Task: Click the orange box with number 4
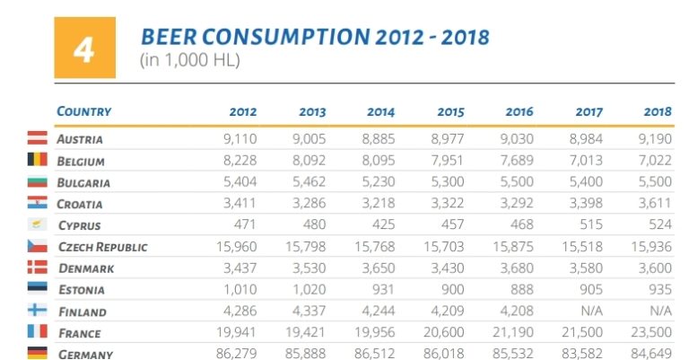(x=84, y=48)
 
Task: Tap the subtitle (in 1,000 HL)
(x=189, y=61)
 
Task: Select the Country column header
(x=83, y=111)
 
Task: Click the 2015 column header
(x=449, y=112)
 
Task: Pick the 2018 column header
(x=658, y=112)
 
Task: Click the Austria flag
(x=38, y=139)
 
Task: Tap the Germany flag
(x=38, y=354)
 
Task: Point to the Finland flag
(x=38, y=312)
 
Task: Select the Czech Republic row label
(x=102, y=247)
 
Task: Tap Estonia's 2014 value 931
(x=380, y=290)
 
